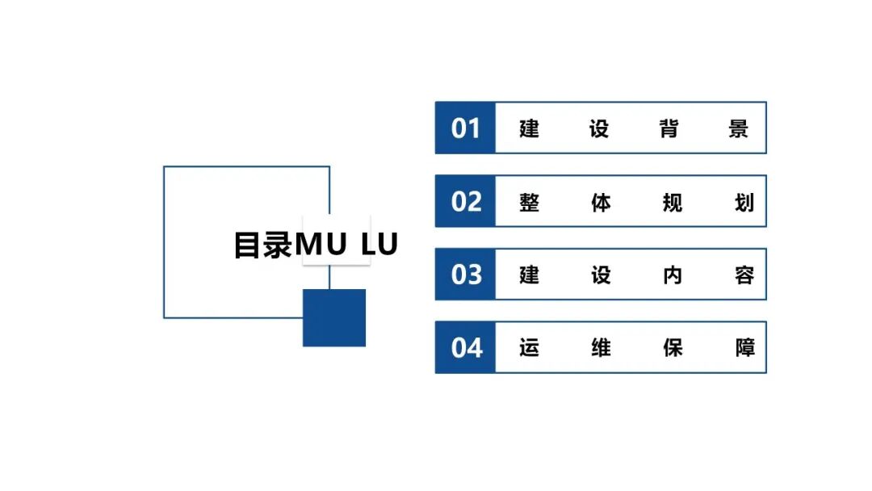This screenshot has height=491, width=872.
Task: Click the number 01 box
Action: [x=465, y=128]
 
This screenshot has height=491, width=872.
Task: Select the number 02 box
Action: [x=465, y=201]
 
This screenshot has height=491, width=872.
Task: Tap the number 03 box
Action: [x=465, y=275]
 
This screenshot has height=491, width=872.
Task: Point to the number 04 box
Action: [x=465, y=348]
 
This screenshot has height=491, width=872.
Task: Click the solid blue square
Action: [x=334, y=317]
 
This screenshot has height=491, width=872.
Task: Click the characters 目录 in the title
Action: [x=263, y=245]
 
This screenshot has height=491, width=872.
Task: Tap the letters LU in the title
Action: [x=379, y=244]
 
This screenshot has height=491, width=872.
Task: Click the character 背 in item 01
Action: [x=669, y=128]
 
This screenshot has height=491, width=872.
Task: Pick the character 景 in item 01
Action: [x=739, y=128]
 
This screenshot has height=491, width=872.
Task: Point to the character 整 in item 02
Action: [x=530, y=201]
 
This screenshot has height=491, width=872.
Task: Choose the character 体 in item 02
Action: [x=601, y=201]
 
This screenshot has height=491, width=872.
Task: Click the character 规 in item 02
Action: [x=672, y=201]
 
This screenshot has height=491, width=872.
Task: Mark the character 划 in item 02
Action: [x=744, y=201]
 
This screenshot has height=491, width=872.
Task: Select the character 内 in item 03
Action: [x=672, y=275]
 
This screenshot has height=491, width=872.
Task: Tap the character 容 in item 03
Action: [x=744, y=275]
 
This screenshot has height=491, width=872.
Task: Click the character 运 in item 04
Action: [x=530, y=348]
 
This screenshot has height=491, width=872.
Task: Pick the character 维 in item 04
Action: [x=601, y=348]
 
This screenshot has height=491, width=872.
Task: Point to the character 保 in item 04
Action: [x=672, y=348]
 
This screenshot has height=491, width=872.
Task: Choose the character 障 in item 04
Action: [x=744, y=348]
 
